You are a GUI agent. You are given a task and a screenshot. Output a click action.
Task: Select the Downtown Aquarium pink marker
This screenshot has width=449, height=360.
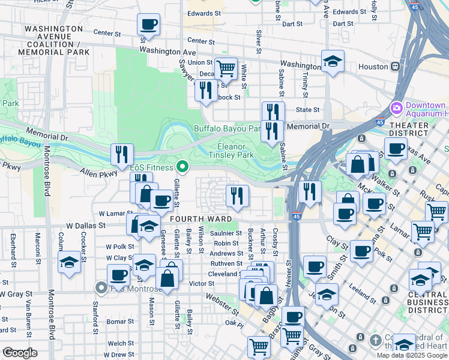coord(396,109)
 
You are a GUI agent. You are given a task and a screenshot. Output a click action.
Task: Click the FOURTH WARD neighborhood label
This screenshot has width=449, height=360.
coord(192,219)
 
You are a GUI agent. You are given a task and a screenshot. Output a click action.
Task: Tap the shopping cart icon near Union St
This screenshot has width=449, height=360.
coord(226,70)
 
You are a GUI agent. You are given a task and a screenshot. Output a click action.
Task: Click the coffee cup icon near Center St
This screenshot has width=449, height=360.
coord(148,25)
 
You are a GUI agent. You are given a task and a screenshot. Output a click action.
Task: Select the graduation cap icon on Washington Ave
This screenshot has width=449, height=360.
coord(332,61)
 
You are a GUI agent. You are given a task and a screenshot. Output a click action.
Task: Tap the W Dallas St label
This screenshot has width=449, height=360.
coord(85,226)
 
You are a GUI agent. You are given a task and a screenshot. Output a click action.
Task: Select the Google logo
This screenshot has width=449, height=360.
coord(20,353)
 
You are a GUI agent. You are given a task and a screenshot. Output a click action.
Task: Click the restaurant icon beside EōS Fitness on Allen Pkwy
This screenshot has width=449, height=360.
coord(122,155)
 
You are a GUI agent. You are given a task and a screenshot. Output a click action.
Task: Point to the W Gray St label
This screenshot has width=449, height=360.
coord(16,295)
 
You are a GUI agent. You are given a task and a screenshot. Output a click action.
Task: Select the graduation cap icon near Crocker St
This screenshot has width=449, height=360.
coord(70,262)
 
